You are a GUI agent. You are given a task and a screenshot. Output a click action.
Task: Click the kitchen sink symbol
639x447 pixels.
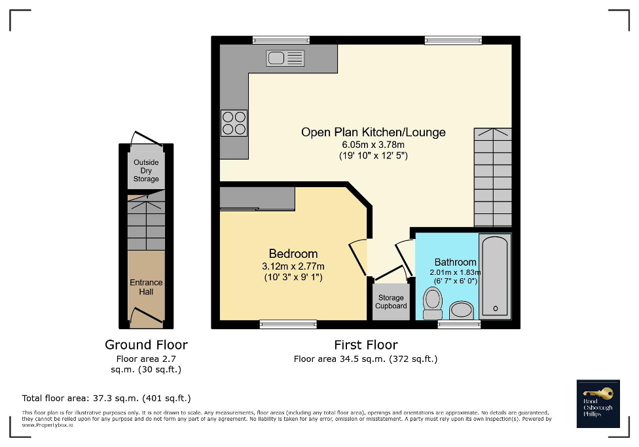pos(285,58)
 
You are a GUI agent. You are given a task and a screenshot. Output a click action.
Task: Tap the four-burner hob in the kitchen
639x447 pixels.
pos(234,122)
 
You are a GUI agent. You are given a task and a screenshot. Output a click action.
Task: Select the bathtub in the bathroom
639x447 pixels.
pos(495,276)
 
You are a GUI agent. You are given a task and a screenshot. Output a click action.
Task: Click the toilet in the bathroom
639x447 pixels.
pos(433,302)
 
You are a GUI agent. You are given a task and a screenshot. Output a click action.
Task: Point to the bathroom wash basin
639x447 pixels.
pos(462,310)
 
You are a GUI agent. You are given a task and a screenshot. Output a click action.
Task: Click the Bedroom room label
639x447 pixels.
pos(293,254)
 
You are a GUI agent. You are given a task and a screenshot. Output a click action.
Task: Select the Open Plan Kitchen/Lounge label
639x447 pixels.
pos(373,132)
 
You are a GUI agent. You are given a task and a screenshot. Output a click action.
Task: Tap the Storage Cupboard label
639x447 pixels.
pos(391,302)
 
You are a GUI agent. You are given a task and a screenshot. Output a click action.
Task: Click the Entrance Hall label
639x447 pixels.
pos(146,287)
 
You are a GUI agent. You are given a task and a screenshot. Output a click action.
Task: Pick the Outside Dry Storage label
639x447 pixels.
pos(146,171)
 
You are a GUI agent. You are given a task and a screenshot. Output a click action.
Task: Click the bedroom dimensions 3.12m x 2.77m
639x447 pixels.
pos(293,266)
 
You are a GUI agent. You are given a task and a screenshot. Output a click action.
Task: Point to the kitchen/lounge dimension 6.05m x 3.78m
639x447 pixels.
pos(373,145)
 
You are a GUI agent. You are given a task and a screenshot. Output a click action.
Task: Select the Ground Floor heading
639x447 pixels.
pos(146,345)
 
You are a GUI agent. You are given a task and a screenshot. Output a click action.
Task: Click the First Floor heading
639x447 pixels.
pos(365,345)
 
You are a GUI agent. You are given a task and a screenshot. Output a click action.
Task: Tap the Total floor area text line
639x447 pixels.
pos(107,398)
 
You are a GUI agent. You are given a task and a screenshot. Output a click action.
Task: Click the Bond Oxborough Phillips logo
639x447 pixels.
pos(598,403)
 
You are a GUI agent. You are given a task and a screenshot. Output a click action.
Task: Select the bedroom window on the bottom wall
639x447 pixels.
pos(288,324)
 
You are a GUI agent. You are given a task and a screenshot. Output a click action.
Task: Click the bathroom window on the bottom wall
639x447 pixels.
pos(458,324)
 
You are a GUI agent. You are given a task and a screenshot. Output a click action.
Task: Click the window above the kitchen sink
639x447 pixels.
pos(281,40)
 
